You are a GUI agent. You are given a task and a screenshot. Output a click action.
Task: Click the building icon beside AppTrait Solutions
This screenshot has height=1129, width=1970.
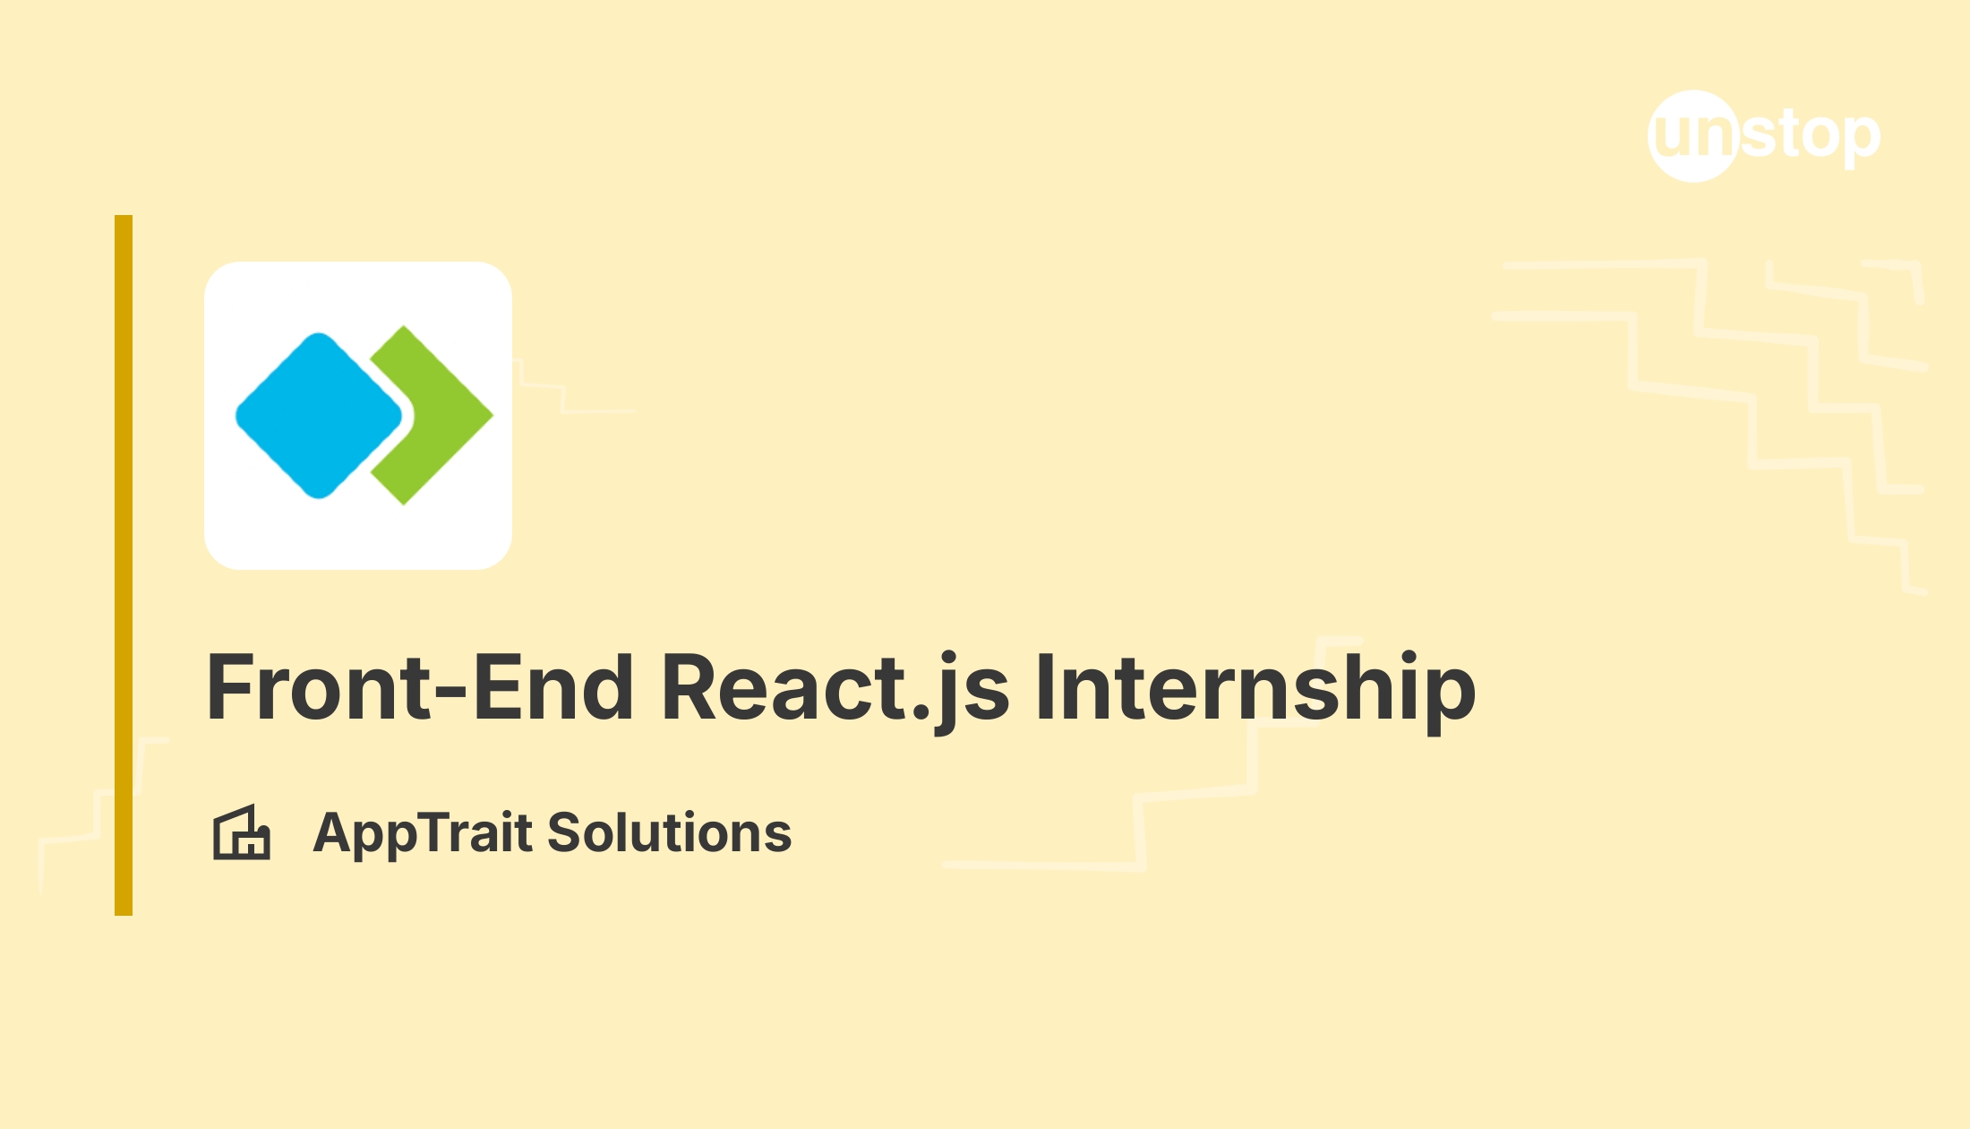(241, 832)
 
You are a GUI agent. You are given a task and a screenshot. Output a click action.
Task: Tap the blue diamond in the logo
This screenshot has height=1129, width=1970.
(319, 416)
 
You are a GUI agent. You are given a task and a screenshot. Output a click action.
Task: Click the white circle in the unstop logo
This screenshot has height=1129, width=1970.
(1693, 136)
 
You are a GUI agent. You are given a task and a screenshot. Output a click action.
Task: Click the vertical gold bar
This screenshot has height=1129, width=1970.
(124, 565)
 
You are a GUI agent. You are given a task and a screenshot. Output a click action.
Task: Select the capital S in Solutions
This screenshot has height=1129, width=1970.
(565, 832)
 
